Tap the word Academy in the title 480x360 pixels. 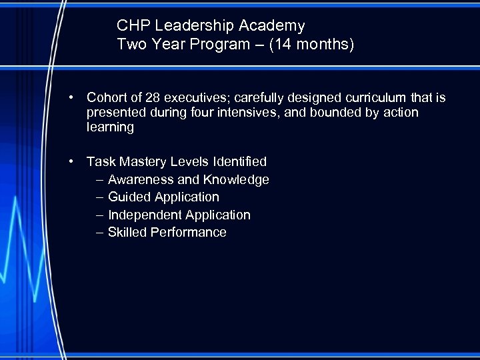[275, 26]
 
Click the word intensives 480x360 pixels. [249, 113]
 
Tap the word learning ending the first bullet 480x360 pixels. [110, 127]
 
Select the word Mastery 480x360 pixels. [143, 161]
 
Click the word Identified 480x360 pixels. [239, 161]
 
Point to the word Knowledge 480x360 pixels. [236, 179]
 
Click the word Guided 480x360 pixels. [129, 197]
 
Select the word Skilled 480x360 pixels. [127, 232]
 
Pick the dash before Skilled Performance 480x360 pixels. [99, 232]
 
